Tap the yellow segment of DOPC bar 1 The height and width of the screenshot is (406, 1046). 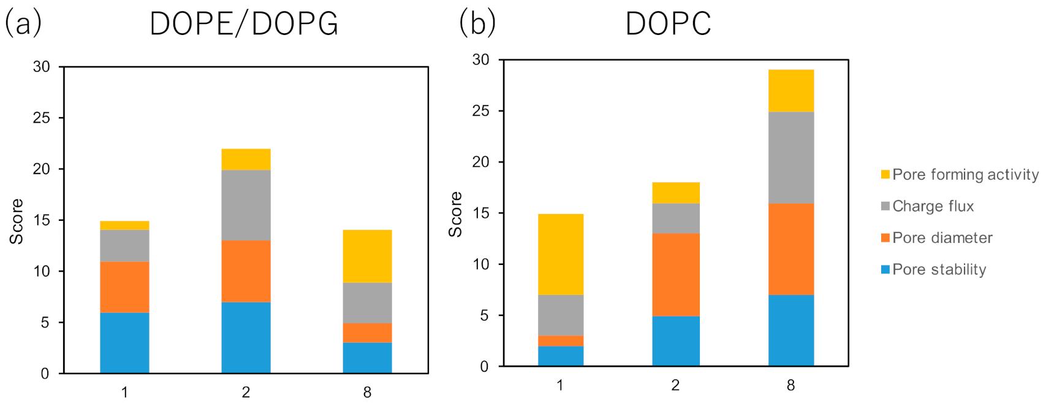tap(560, 254)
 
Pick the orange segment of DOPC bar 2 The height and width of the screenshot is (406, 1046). tap(675, 275)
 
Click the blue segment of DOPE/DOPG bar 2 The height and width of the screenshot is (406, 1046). tap(246, 337)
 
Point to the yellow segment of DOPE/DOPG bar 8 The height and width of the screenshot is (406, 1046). tap(367, 256)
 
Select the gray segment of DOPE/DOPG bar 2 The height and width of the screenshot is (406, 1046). tap(246, 205)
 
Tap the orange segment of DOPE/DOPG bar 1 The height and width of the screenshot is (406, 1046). tap(124, 287)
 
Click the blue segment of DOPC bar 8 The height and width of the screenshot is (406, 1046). tap(790, 331)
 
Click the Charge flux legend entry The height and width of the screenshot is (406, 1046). tap(933, 206)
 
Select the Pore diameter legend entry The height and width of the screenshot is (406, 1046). tap(942, 238)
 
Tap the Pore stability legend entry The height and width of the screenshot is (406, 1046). tap(939, 269)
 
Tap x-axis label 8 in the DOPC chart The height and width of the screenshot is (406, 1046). tap(790, 386)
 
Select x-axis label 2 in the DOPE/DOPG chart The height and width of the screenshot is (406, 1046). tap(246, 393)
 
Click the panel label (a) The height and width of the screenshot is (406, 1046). tap(22, 23)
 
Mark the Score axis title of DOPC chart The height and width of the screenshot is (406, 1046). tap(455, 213)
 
